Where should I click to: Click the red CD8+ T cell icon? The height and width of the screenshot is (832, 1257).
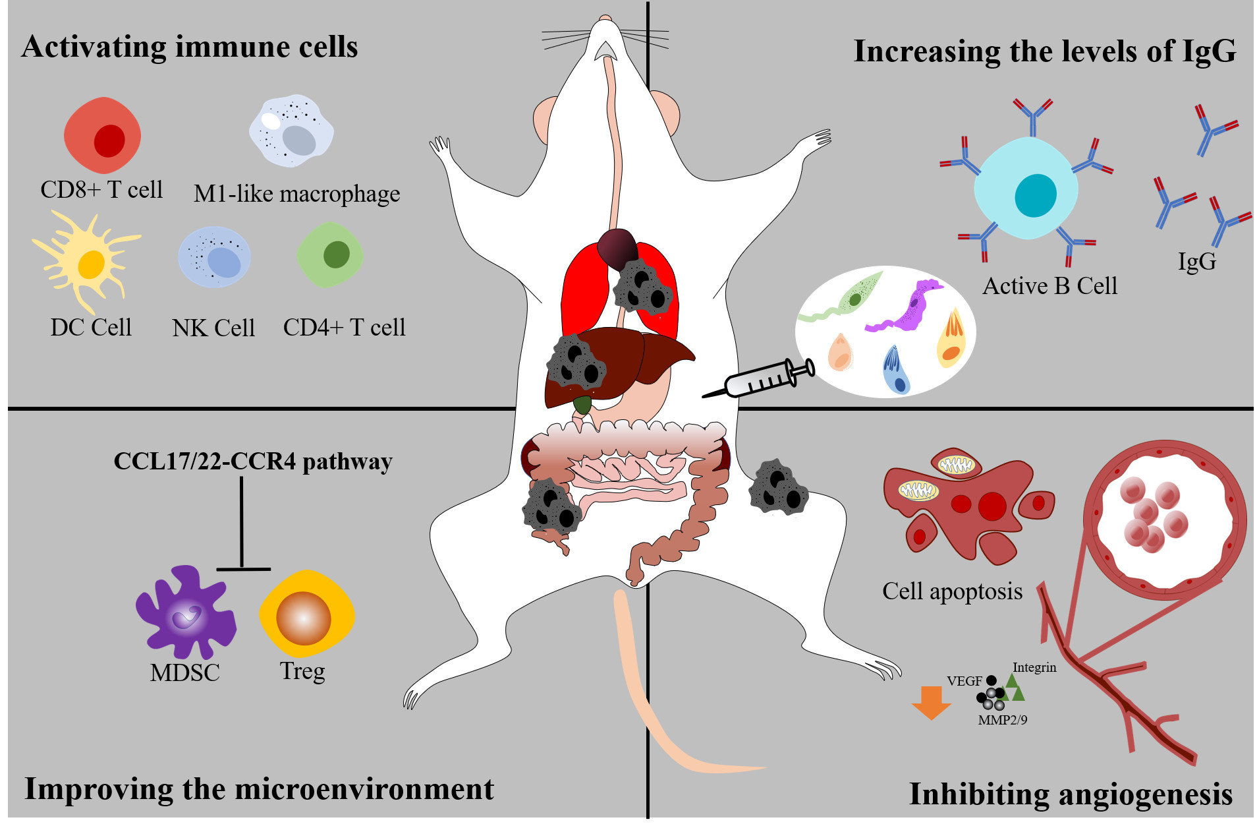pyautogui.click(x=102, y=135)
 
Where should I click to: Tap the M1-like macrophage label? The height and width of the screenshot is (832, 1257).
pyautogui.click(x=296, y=194)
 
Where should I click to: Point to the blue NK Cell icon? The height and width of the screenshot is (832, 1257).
pyautogui.click(x=214, y=257)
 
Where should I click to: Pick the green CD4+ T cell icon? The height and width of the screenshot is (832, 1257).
pyautogui.click(x=330, y=254)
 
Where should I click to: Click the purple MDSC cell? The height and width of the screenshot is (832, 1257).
pyautogui.click(x=185, y=610)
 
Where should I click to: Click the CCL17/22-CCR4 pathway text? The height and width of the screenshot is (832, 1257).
pyautogui.click(x=253, y=461)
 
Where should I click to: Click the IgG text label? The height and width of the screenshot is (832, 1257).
pyautogui.click(x=1196, y=261)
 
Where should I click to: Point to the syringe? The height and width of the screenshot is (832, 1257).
pyautogui.click(x=761, y=380)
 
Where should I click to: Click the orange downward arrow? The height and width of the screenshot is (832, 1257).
pyautogui.click(x=931, y=701)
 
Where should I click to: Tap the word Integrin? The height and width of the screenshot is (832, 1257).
pyautogui.click(x=1034, y=667)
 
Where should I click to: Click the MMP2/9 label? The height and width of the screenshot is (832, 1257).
pyautogui.click(x=1002, y=720)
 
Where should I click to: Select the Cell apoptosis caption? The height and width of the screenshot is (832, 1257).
pyautogui.click(x=952, y=591)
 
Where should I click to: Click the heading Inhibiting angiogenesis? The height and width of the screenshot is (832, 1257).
pyautogui.click(x=1071, y=794)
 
